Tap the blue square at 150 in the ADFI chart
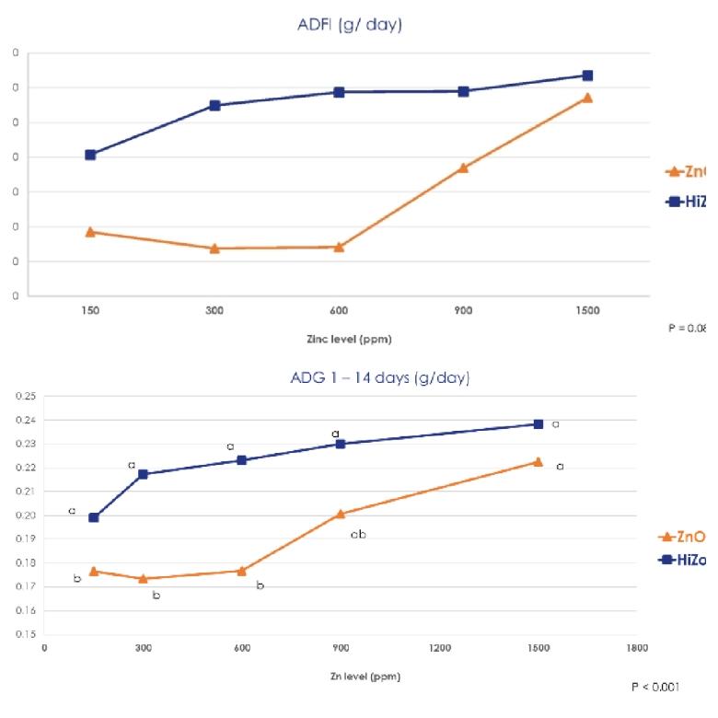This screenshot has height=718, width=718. click(x=90, y=155)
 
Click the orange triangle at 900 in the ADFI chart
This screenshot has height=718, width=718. click(x=463, y=168)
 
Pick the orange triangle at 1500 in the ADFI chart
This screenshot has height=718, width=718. click(x=587, y=98)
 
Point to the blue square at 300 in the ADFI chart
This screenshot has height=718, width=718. click(x=214, y=105)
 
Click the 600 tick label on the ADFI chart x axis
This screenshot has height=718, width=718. click(x=339, y=310)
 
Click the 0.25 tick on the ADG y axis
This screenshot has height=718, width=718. click(x=26, y=397)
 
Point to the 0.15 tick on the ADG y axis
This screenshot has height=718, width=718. click(x=26, y=634)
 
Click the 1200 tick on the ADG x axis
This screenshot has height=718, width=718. click(x=440, y=647)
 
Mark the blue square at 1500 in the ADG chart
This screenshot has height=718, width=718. click(x=538, y=424)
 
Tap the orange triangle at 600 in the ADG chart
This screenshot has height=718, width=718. click(x=242, y=571)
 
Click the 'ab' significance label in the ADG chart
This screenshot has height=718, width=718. click(x=358, y=535)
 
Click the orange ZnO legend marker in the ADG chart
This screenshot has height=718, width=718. click(x=671, y=537)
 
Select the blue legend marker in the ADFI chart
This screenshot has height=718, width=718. click(x=672, y=202)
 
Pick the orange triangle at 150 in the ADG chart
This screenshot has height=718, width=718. click(x=94, y=571)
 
